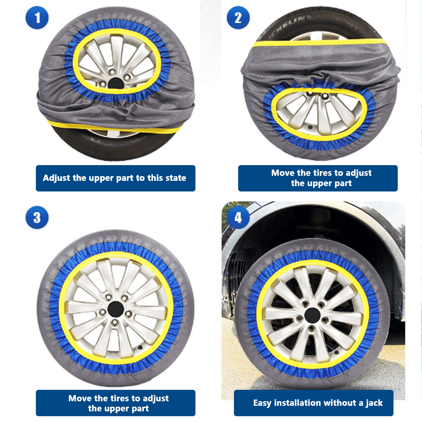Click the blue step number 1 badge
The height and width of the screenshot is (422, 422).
click(37, 18)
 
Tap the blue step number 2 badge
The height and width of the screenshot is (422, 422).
click(238, 18)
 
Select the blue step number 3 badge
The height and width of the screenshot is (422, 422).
click(37, 217)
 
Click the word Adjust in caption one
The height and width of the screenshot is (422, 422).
click(57, 178)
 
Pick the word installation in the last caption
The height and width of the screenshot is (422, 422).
click(296, 403)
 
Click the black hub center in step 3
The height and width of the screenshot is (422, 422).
click(116, 309)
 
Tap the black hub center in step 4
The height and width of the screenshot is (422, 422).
click(312, 315)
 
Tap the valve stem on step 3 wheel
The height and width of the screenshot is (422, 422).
click(140, 347)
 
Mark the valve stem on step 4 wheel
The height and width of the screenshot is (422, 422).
click(336, 352)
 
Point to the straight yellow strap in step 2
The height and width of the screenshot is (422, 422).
click(319, 43)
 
